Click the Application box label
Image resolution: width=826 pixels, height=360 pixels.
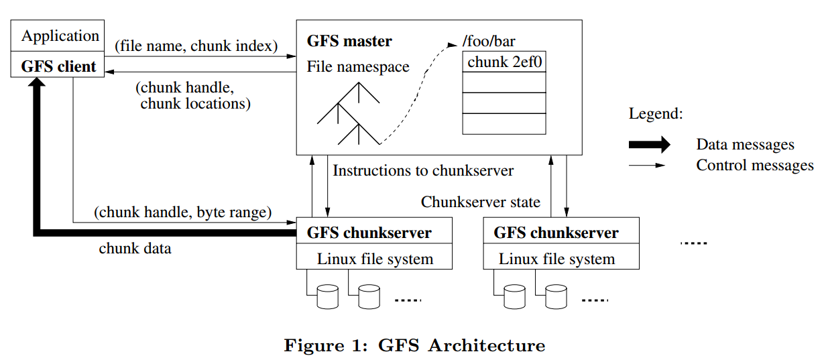(x=60, y=36)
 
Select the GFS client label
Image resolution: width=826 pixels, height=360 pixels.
(x=58, y=66)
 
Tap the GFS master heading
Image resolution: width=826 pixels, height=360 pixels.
(x=349, y=42)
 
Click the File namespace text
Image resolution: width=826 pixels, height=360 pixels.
(x=358, y=67)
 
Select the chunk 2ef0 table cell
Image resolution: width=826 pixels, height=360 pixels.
(x=504, y=62)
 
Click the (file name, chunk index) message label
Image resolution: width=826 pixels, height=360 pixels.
(x=196, y=46)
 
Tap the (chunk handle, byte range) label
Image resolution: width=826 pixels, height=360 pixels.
(x=183, y=213)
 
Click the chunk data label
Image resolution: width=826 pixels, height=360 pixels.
(x=135, y=248)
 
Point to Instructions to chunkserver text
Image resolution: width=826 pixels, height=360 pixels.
(x=423, y=170)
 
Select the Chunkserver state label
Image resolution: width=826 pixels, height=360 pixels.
(x=480, y=202)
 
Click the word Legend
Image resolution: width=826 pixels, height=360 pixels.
(x=655, y=113)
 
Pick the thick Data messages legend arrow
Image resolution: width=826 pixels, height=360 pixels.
(x=648, y=144)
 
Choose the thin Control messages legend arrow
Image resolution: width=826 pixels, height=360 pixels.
(x=646, y=165)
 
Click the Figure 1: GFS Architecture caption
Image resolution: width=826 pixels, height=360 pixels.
(x=414, y=346)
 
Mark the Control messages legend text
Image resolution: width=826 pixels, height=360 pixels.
(x=754, y=165)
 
